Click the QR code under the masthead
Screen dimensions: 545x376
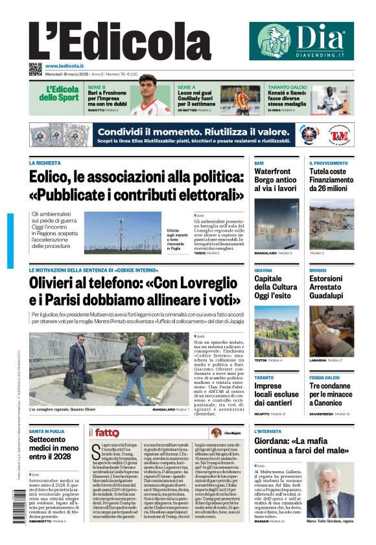tap(36, 69)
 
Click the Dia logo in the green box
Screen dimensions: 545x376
tap(301, 41)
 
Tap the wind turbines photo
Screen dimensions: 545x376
tap(123, 232)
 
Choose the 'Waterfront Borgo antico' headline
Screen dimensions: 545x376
tap(276, 180)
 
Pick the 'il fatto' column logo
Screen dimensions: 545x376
tap(104, 433)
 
